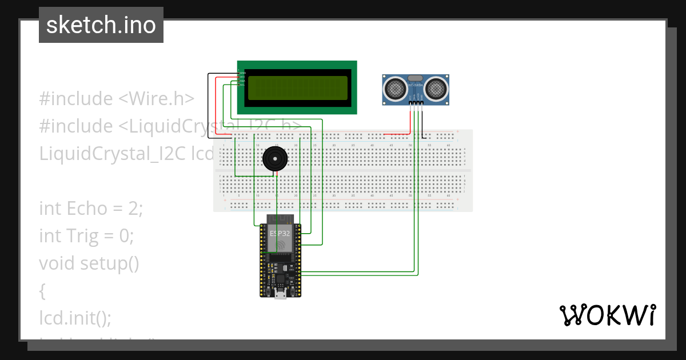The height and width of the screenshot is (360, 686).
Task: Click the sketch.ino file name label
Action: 101,25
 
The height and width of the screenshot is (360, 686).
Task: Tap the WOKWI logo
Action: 608,315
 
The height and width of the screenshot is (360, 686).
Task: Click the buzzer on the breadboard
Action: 274,159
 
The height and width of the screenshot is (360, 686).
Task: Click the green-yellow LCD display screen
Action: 297,88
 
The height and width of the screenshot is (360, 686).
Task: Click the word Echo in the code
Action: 87,209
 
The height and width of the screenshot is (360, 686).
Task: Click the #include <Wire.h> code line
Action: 117,99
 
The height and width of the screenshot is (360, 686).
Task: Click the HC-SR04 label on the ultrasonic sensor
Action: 416,86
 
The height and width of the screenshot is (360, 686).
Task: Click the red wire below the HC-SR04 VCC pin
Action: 410,120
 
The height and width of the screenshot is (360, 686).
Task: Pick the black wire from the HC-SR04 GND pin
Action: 422,123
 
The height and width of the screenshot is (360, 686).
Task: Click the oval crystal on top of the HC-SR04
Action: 416,77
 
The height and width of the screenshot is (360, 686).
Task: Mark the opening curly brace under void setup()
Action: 42,291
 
